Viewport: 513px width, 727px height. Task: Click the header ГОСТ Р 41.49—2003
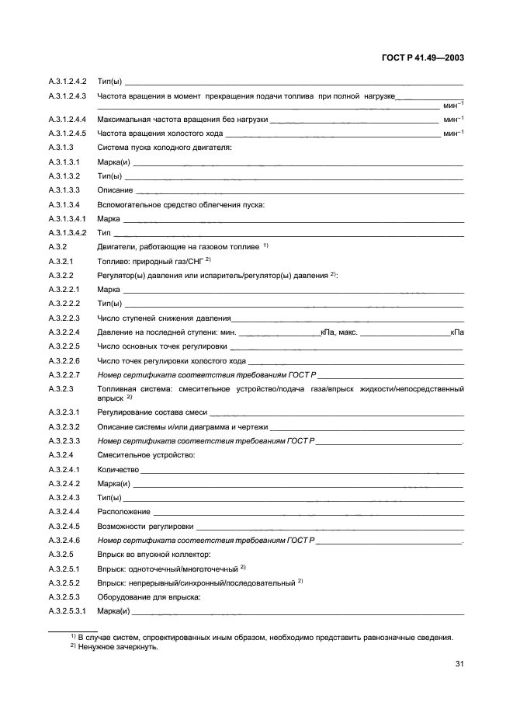click(424, 58)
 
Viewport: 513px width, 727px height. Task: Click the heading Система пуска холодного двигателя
click(164, 148)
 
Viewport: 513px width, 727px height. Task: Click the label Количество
click(118, 469)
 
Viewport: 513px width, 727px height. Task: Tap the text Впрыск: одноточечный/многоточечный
click(156, 569)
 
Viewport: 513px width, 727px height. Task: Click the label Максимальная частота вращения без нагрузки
click(182, 120)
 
